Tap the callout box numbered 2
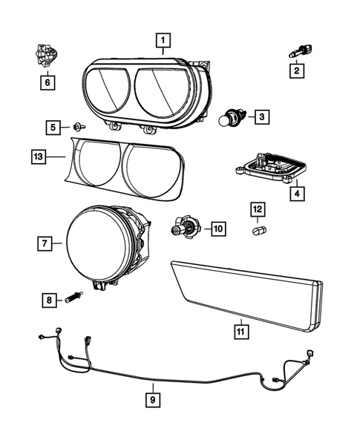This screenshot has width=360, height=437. coord(295,71)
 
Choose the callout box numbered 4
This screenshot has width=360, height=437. coord(296,195)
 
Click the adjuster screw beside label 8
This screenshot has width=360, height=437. coord(72,298)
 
